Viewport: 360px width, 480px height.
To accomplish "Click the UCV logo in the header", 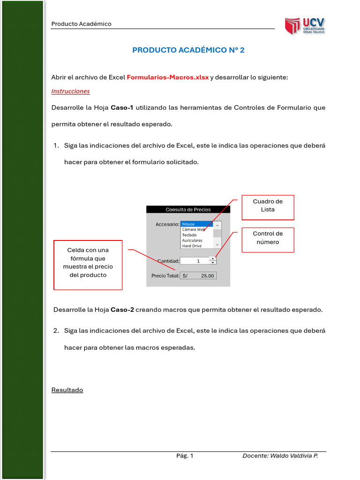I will pyautogui.click(x=305, y=26).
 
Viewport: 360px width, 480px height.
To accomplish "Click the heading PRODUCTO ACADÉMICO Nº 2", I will pyautogui.click(x=188, y=50).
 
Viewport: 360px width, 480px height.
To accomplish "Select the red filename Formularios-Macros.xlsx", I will pyautogui.click(x=168, y=77).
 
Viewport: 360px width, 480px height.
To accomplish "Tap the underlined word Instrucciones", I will pyautogui.click(x=70, y=91).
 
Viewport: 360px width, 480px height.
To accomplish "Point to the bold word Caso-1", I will pyautogui.click(x=122, y=108).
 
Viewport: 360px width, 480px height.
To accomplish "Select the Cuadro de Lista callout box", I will pyautogui.click(x=268, y=207).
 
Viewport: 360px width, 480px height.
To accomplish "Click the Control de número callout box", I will pyautogui.click(x=268, y=240).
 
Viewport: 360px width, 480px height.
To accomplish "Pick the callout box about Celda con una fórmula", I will pyautogui.click(x=88, y=265).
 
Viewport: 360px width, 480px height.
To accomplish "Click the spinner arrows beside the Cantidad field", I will pyautogui.click(x=213, y=261).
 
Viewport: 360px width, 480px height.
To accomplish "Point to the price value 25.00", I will pyautogui.click(x=207, y=276).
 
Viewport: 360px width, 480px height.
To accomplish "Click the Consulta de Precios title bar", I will pyautogui.click(x=188, y=210).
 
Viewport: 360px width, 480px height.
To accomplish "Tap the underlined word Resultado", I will pyautogui.click(x=67, y=390).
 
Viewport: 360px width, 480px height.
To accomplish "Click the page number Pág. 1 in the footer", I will pyautogui.click(x=185, y=456).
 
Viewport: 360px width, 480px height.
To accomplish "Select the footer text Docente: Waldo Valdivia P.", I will pyautogui.click(x=280, y=456).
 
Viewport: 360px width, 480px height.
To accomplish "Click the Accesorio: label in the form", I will pyautogui.click(x=167, y=225).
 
